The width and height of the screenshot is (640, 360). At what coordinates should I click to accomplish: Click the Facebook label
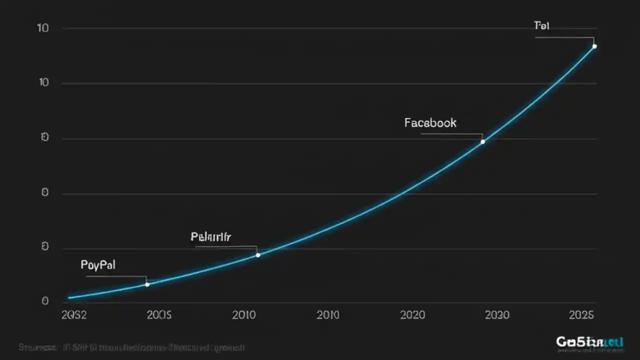click(x=430, y=122)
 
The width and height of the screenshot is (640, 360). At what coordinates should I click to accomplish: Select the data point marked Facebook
click(x=482, y=141)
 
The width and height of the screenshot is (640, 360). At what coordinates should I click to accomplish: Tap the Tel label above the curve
click(x=541, y=25)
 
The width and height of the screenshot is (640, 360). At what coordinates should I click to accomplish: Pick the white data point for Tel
click(x=594, y=46)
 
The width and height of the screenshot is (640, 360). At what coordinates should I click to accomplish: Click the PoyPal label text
click(x=98, y=265)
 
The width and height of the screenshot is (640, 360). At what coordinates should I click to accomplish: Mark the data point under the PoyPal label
click(x=147, y=284)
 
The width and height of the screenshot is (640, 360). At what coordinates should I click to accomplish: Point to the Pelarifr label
click(x=210, y=236)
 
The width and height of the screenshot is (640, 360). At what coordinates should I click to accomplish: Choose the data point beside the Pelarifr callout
click(x=258, y=255)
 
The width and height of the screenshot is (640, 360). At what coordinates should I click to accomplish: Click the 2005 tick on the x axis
click(x=159, y=315)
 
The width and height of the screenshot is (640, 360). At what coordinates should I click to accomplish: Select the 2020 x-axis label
click(x=412, y=315)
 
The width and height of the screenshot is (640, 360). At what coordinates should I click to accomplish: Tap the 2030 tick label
click(x=497, y=315)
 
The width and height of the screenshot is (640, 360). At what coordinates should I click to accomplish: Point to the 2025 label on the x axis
click(x=581, y=315)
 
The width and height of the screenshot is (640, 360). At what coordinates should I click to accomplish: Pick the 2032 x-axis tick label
click(x=73, y=315)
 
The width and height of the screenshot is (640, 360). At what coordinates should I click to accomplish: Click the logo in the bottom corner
click(x=589, y=342)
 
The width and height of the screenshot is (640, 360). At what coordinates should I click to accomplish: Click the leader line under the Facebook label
click(x=450, y=134)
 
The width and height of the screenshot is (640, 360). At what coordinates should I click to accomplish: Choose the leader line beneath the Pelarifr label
click(x=225, y=246)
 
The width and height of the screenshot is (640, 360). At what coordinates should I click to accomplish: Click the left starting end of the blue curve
click(x=69, y=298)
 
